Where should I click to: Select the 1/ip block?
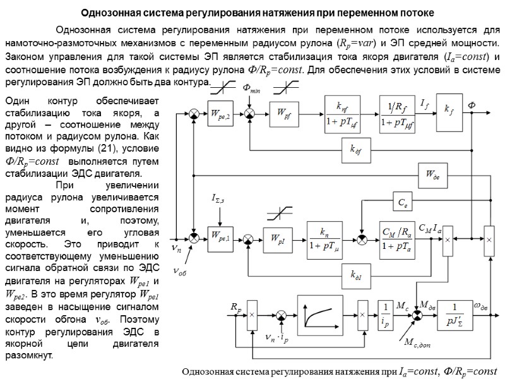click(383, 313)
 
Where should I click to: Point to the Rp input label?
click(235, 306)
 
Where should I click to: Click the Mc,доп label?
click(415, 346)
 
